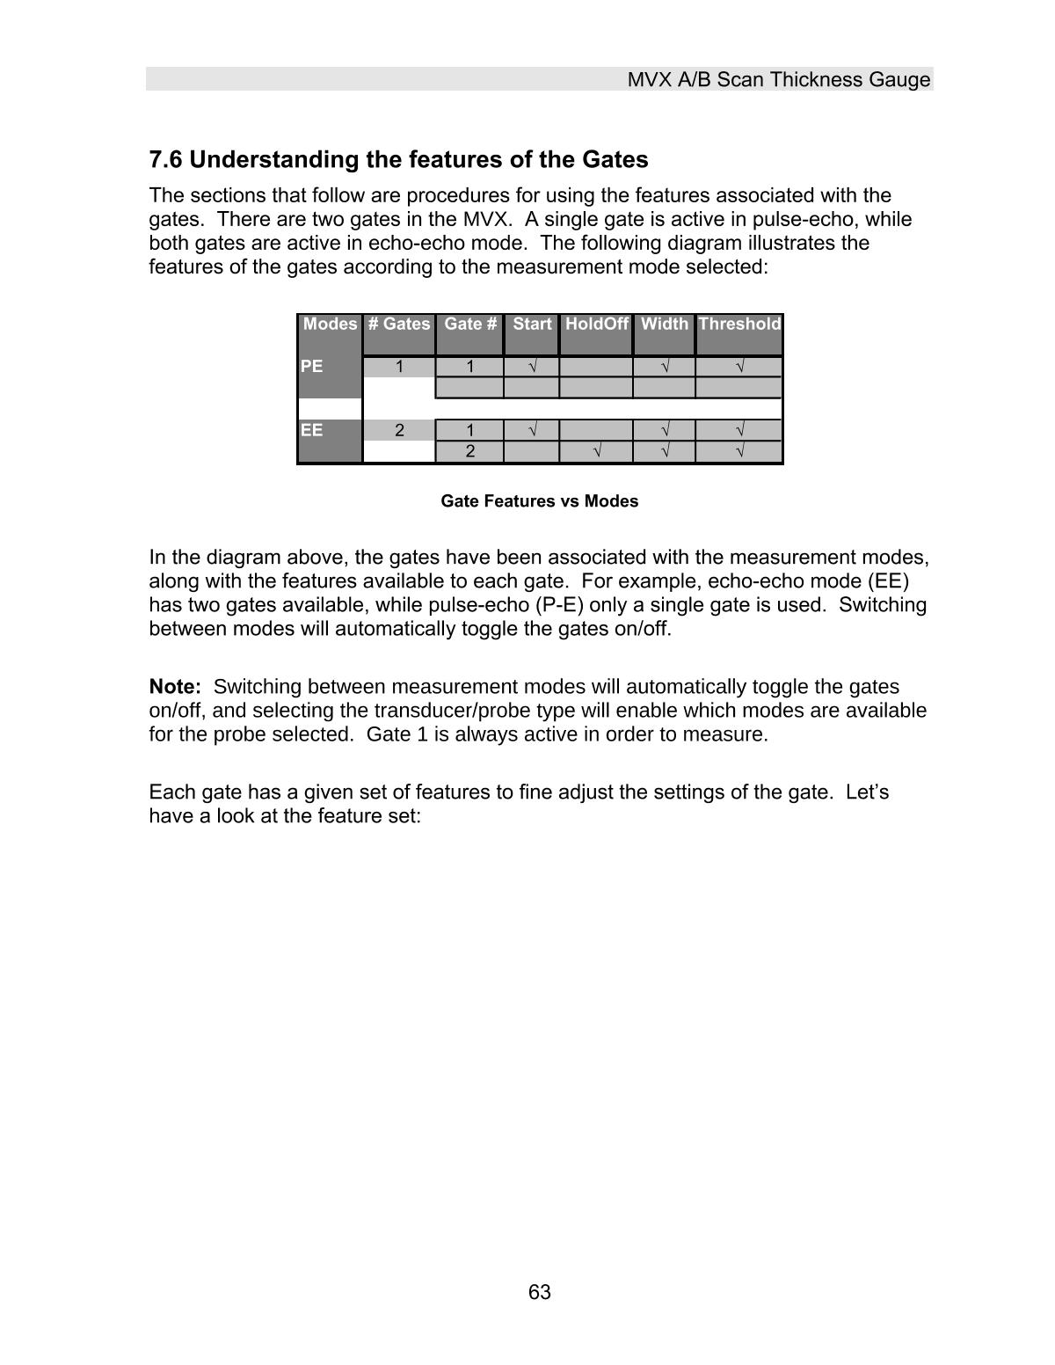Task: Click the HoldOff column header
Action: pyautogui.click(x=596, y=324)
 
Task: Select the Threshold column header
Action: pyautogui.click(x=738, y=324)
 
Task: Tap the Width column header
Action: pyautogui.click(x=664, y=324)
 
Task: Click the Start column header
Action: pyautogui.click(x=532, y=324)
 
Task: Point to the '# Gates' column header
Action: pyautogui.click(x=399, y=324)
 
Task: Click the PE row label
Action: pyautogui.click(x=312, y=366)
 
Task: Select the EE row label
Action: pyautogui.click(x=312, y=430)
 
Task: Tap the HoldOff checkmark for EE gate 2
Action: pyautogui.click(x=597, y=452)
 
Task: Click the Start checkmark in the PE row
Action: pyautogui.click(x=532, y=367)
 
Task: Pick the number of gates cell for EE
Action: pyautogui.click(x=399, y=430)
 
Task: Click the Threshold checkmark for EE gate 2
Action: pyautogui.click(x=739, y=452)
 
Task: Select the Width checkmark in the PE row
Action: pyautogui.click(x=665, y=367)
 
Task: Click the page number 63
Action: pyautogui.click(x=540, y=1292)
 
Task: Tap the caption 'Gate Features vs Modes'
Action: pyautogui.click(x=539, y=501)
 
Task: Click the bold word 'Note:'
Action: pyautogui.click(x=175, y=687)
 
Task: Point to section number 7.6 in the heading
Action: pyautogui.click(x=165, y=160)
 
